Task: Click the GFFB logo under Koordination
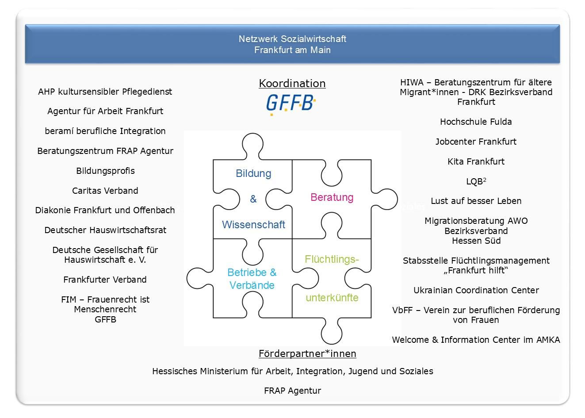[x=291, y=104]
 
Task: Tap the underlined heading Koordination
[x=292, y=84]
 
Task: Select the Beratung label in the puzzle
[x=332, y=198]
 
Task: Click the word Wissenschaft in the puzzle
[x=253, y=225]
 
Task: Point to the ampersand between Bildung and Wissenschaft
[x=253, y=199]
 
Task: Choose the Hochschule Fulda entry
[x=476, y=122]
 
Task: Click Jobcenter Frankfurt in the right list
[x=476, y=142]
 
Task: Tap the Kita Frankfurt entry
[x=476, y=161]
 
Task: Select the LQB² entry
[x=476, y=181]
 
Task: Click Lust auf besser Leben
[x=476, y=201]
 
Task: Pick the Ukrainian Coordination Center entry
[x=476, y=290]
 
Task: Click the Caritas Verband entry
[x=105, y=191]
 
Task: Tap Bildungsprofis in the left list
[x=105, y=171]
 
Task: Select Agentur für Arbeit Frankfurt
[x=105, y=111]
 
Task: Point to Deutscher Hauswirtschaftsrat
[x=105, y=230]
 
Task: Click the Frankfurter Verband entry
[x=105, y=280]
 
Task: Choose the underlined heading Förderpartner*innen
[x=307, y=354]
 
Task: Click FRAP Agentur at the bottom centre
[x=293, y=391]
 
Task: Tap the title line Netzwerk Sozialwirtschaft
[x=292, y=39]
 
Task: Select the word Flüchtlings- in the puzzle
[x=332, y=259]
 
